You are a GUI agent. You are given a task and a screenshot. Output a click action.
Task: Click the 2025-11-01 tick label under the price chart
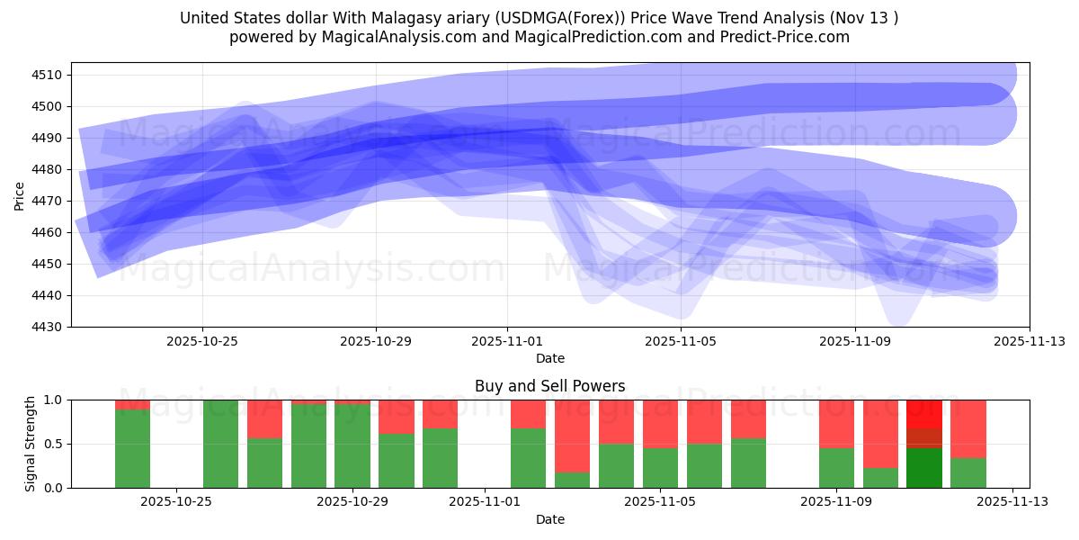click(x=507, y=341)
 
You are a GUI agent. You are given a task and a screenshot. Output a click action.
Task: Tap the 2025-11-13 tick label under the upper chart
click(x=1030, y=341)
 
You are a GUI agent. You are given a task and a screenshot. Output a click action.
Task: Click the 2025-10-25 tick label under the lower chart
click(x=177, y=502)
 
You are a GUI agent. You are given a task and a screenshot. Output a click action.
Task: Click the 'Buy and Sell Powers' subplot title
click(x=549, y=386)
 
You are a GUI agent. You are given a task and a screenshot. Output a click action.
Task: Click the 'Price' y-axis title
click(x=20, y=195)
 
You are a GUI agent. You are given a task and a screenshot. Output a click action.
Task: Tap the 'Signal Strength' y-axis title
click(x=31, y=444)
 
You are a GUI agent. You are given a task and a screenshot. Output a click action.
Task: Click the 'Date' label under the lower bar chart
click(x=549, y=519)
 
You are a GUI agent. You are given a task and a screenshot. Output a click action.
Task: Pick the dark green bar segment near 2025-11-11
click(x=923, y=468)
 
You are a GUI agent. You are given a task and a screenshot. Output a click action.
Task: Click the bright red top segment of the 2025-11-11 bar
click(x=923, y=413)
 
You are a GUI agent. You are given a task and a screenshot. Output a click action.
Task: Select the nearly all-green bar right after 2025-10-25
click(x=220, y=444)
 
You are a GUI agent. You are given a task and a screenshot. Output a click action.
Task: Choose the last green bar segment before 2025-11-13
click(x=968, y=473)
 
